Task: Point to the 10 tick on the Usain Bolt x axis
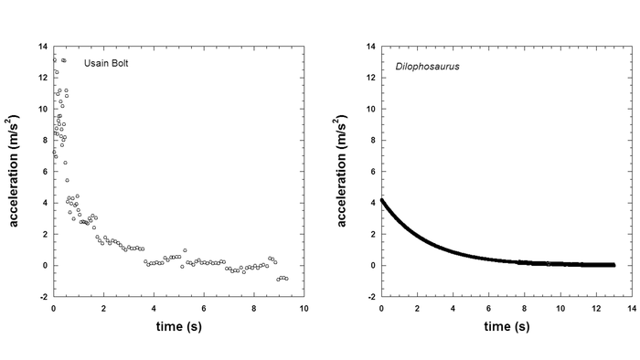304,308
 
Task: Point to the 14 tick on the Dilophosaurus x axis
631,308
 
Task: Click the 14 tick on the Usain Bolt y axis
41,47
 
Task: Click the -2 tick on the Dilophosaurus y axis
369,297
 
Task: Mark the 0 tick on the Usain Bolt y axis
44,266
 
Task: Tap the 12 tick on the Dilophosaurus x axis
595,308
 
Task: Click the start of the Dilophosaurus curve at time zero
382,199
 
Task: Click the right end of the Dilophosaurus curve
613,264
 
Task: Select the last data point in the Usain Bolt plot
286,279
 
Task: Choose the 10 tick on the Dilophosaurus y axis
369,109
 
